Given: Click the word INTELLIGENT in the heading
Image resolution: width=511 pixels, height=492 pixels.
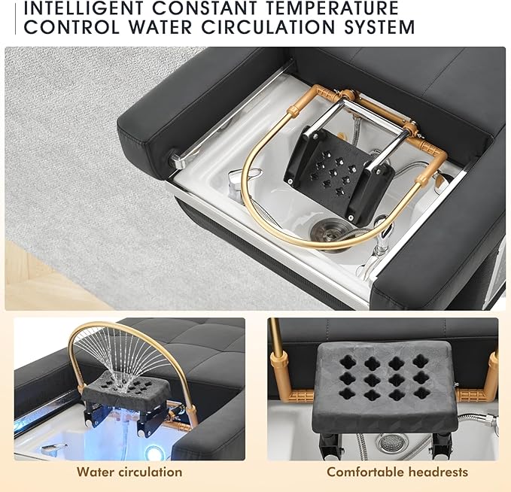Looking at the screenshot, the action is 84,8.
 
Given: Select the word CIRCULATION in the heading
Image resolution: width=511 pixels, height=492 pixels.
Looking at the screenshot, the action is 269,27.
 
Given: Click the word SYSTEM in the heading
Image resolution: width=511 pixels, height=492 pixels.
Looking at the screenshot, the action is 379,27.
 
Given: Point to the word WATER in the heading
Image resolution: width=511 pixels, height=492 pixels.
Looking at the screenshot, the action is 160,27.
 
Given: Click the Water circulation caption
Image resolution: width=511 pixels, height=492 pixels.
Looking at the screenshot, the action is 129,472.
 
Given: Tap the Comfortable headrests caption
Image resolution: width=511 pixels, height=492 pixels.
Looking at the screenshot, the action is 397,472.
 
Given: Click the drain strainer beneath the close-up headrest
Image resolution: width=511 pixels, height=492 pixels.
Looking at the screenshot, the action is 392,443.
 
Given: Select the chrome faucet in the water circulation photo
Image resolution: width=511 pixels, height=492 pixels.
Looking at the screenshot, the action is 54,450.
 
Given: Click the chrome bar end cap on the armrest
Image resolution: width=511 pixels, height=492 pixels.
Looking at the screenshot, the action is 175,159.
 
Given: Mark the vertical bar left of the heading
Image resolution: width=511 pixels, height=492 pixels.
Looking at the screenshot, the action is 15,20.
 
